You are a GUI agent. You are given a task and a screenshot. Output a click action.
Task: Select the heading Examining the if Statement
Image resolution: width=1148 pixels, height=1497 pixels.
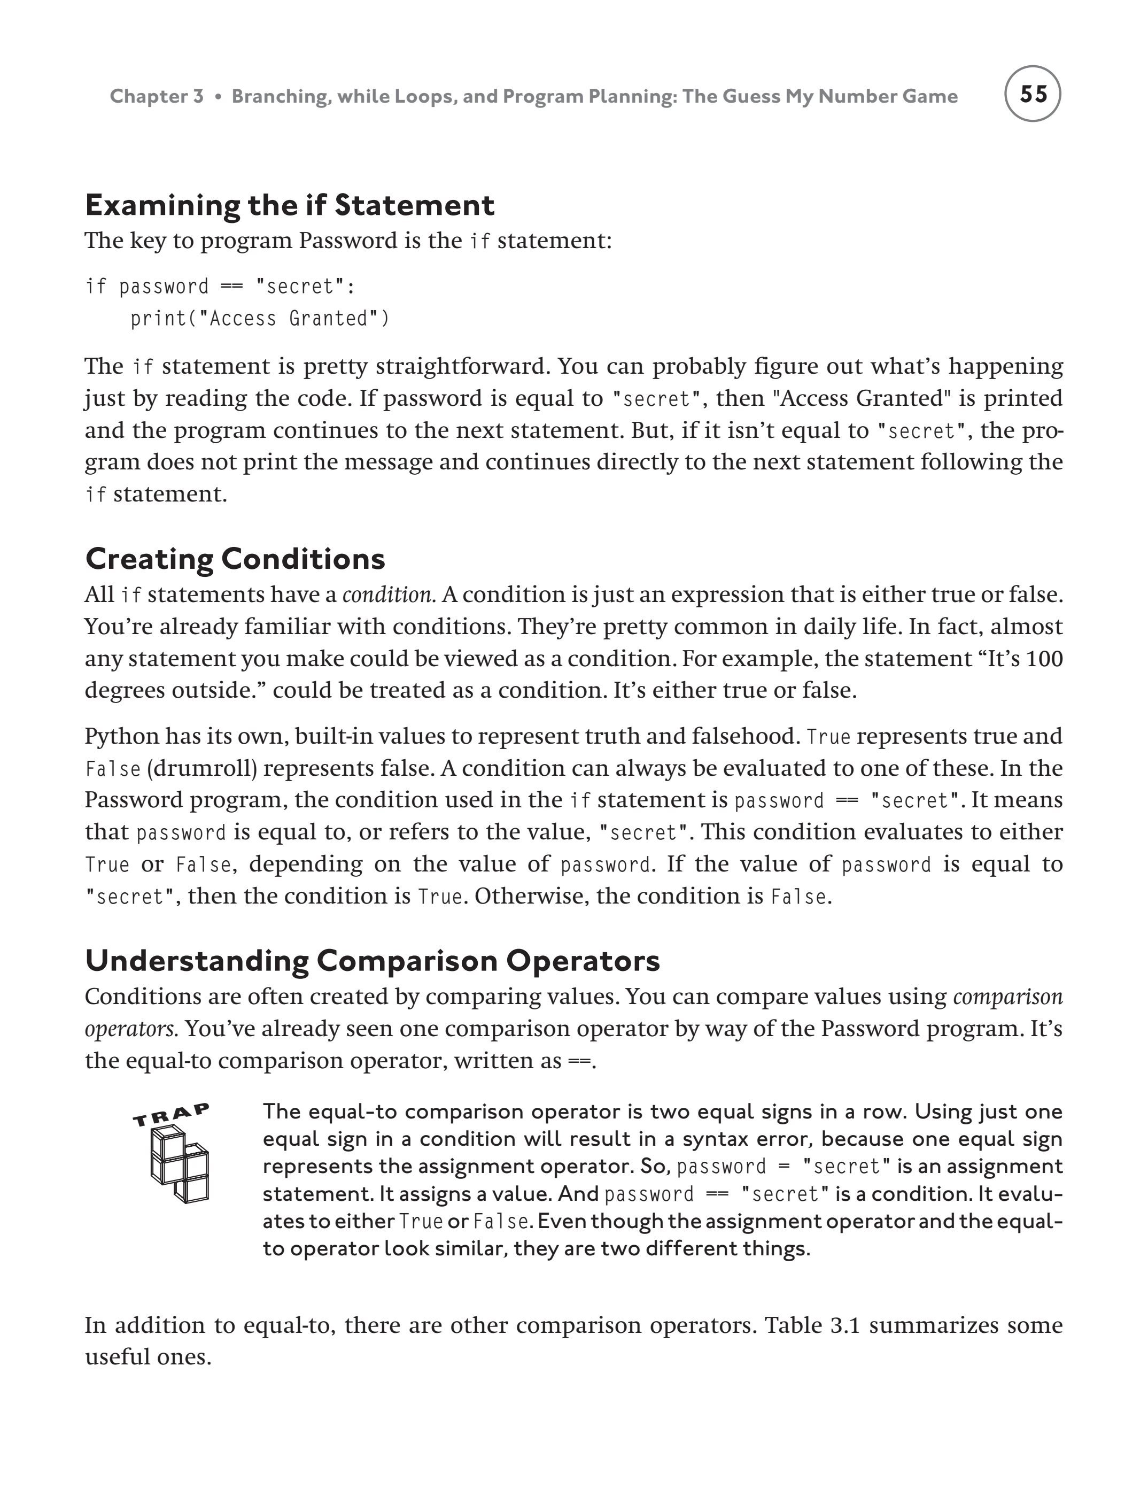pyautogui.click(x=290, y=206)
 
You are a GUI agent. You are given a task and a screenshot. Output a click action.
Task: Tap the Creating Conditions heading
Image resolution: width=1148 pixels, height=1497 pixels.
pyautogui.click(x=235, y=559)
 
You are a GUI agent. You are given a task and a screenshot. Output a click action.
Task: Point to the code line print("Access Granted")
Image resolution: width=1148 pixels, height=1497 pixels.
pyautogui.click(x=260, y=319)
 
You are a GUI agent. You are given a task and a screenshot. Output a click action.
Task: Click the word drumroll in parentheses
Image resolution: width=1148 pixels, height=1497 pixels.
pyautogui.click(x=202, y=768)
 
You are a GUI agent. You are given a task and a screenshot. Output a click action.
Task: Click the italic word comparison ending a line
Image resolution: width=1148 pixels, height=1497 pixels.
pyautogui.click(x=1008, y=997)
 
